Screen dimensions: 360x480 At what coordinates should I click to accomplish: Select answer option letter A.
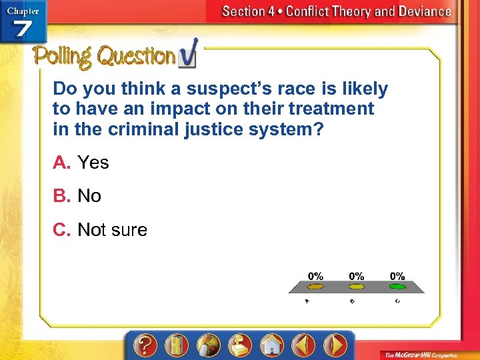[62, 163]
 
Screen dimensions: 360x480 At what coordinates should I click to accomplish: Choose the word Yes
[93, 163]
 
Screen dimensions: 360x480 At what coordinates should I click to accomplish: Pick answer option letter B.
[62, 196]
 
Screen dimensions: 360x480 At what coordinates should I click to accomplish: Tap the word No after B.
[89, 196]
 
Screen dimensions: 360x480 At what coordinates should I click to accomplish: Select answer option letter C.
[62, 230]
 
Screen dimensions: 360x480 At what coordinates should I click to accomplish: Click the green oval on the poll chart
[397, 287]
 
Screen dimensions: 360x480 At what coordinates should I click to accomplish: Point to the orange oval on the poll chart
[315, 287]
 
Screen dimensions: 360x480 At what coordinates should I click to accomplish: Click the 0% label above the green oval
[397, 276]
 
